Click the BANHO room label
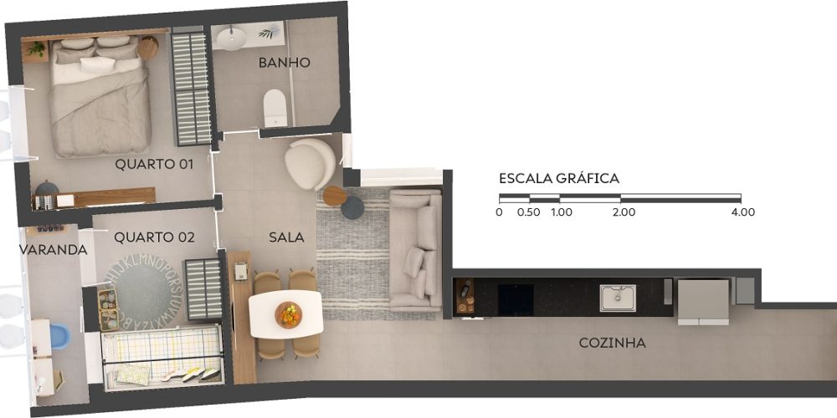point(284,63)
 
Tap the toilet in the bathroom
point(275,108)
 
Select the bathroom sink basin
point(232,39)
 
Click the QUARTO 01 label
point(154,164)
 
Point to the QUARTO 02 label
point(154,237)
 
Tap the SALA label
point(286,237)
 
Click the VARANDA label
point(53,249)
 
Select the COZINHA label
point(613,343)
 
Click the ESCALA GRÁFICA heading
point(559,179)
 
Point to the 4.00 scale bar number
point(743,212)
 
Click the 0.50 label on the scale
point(528,212)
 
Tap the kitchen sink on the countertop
point(618,298)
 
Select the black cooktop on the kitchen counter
point(516,299)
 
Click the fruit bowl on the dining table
point(288,314)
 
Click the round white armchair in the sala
point(310,163)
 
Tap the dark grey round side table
point(352,207)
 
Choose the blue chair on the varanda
point(59,336)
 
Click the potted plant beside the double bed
point(36,49)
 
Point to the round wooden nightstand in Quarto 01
point(147,48)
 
